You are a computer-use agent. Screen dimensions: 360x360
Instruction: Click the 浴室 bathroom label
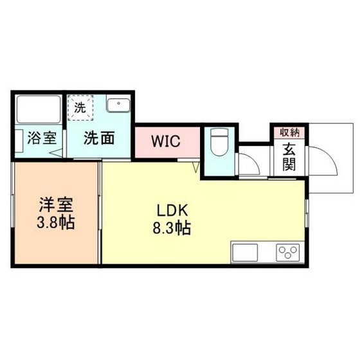(x=40, y=138)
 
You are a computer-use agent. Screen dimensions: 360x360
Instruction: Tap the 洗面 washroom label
(x=101, y=138)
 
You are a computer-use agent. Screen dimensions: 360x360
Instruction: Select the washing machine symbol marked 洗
(x=82, y=106)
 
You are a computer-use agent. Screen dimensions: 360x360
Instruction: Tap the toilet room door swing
(x=249, y=165)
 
